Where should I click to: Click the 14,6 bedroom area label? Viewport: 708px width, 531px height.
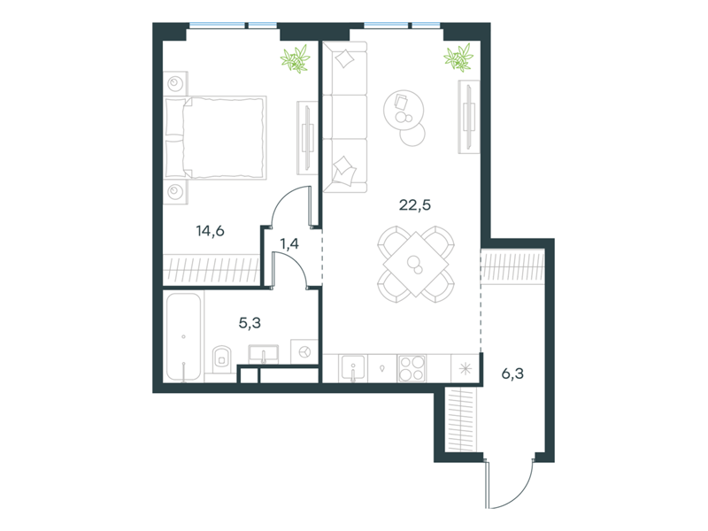pyautogui.click(x=210, y=231)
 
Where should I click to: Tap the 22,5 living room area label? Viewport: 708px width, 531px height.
pyautogui.click(x=415, y=205)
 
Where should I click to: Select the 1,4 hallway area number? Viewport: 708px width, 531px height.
pyautogui.click(x=289, y=244)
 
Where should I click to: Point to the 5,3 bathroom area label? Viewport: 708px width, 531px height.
pyautogui.click(x=250, y=323)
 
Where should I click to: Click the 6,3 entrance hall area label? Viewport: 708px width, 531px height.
pyautogui.click(x=513, y=373)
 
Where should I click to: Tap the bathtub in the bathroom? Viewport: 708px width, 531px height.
pyautogui.click(x=183, y=337)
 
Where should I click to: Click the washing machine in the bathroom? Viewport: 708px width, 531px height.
pyautogui.click(x=304, y=351)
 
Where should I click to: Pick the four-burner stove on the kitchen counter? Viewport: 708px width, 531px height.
pyautogui.click(x=412, y=368)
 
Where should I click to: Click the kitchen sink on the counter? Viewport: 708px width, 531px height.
pyautogui.click(x=353, y=367)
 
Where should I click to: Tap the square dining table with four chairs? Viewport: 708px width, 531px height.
pyautogui.click(x=416, y=264)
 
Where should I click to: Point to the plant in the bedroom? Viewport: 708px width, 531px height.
pyautogui.click(x=296, y=58)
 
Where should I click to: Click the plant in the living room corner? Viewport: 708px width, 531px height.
pyautogui.click(x=458, y=58)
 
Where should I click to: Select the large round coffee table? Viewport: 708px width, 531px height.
pyautogui.click(x=404, y=109)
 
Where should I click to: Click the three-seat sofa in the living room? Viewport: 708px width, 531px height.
pyautogui.click(x=345, y=117)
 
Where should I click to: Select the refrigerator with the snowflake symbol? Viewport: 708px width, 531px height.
pyautogui.click(x=466, y=368)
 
